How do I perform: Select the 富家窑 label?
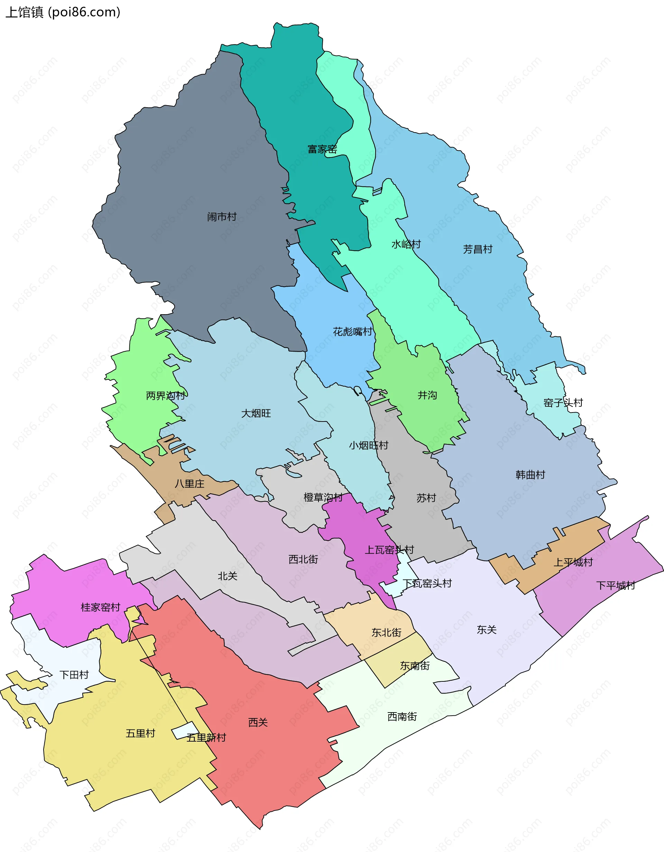click(322, 149)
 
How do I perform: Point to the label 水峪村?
click(406, 244)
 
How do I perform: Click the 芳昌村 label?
click(478, 249)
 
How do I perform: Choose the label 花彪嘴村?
click(352, 332)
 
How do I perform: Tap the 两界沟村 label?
click(165, 396)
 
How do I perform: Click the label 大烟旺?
click(256, 413)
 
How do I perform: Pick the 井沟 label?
click(427, 395)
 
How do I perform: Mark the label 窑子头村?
click(563, 402)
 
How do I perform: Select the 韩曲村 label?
click(530, 475)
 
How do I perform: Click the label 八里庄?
click(190, 484)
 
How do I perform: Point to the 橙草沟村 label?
click(323, 497)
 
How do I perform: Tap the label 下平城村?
click(616, 585)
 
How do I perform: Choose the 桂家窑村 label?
click(100, 607)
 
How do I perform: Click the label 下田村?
click(74, 674)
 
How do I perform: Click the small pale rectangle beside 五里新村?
click(186, 730)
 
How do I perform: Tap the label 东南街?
click(415, 665)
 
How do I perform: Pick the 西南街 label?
click(402, 716)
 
